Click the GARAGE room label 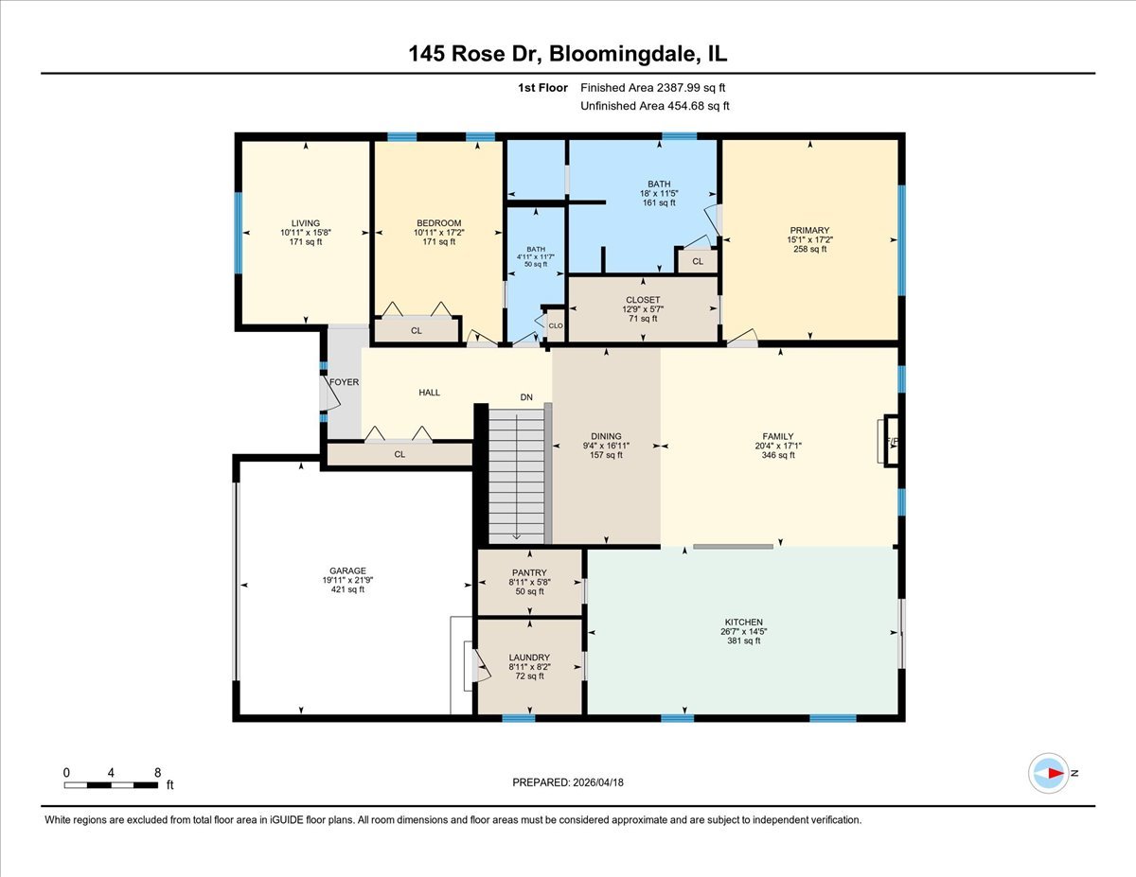click(347, 570)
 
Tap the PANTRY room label click(529, 572)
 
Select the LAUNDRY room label click(529, 658)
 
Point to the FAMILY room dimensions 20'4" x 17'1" click(778, 446)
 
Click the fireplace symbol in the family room click(890, 441)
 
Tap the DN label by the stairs click(527, 397)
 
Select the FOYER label click(344, 382)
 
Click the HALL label click(429, 393)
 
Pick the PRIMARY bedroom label click(809, 230)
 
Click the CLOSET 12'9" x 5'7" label click(644, 309)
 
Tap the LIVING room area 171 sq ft click(306, 242)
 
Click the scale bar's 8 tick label click(156, 773)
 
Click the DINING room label click(606, 436)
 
